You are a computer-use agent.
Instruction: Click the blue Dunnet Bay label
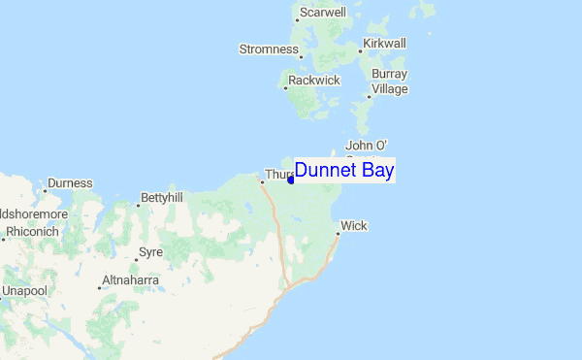point(344,170)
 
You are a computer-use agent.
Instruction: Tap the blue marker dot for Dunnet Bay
point(291,180)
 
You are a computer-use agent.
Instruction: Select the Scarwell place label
point(323,13)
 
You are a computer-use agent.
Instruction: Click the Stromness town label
point(269,49)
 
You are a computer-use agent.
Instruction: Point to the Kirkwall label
point(384,44)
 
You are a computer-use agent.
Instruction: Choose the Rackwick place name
point(314,81)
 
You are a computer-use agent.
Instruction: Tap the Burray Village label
point(389,82)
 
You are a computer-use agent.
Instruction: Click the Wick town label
point(354,226)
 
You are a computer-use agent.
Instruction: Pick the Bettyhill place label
point(162,198)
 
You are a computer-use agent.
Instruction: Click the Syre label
point(151,252)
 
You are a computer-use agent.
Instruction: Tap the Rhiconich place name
point(32,233)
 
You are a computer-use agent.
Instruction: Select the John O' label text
point(367,146)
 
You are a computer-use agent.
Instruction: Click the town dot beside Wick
point(338,234)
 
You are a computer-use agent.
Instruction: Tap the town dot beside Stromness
point(302,56)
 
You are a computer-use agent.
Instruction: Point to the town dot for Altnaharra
point(100,288)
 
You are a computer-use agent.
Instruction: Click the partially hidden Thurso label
point(277,176)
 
